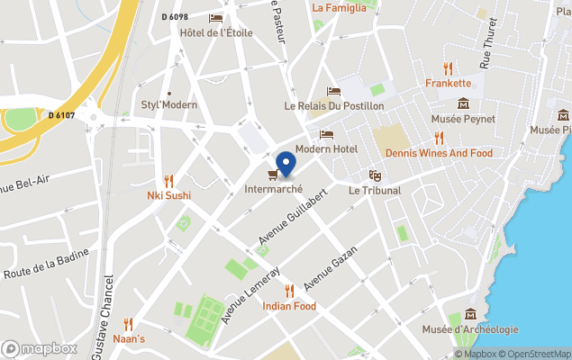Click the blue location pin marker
click(x=286, y=163)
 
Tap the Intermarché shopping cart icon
click(x=273, y=174)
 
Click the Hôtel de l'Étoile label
click(x=216, y=33)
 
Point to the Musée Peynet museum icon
click(x=463, y=104)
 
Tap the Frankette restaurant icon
click(x=448, y=67)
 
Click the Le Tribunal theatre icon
click(x=374, y=175)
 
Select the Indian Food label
click(x=289, y=306)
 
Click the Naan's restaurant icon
click(x=128, y=324)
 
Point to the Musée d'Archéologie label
click(x=470, y=329)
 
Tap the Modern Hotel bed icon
click(x=326, y=134)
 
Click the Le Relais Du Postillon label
click(x=334, y=106)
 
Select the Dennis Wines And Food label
click(x=439, y=153)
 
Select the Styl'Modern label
click(x=168, y=104)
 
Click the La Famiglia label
click(x=339, y=8)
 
